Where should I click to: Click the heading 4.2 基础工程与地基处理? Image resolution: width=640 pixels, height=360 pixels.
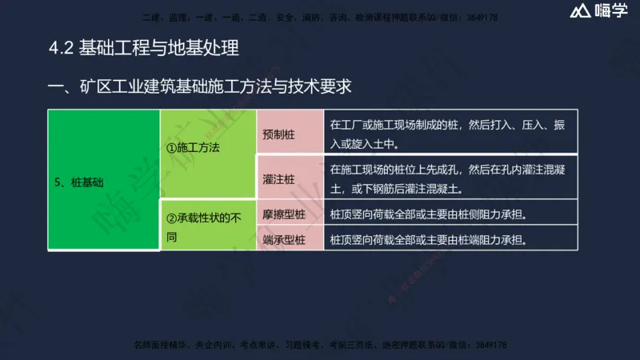point(144,48)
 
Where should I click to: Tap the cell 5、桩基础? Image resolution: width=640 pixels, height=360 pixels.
point(81,182)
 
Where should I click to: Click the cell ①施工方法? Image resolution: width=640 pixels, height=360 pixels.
point(192,148)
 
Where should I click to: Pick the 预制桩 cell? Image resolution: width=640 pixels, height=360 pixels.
point(278,134)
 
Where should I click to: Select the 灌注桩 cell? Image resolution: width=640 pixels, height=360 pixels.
point(278,180)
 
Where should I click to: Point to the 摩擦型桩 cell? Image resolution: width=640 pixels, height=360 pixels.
point(284,215)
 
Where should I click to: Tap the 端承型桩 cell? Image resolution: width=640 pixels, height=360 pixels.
point(284,238)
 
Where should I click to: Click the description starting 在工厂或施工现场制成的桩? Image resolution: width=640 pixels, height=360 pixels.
point(447,134)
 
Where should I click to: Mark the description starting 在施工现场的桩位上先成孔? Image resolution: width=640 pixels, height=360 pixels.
point(447,180)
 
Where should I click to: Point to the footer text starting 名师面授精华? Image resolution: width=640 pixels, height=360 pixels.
point(320,345)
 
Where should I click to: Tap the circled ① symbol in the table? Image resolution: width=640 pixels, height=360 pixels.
point(170,148)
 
